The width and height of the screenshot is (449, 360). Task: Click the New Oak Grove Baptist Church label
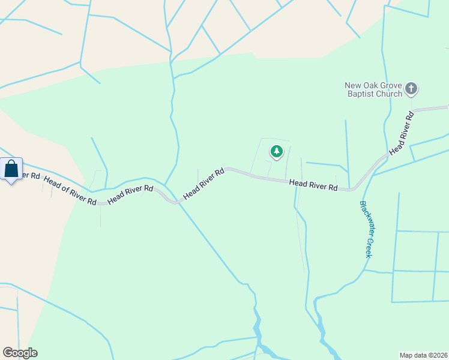point(374,89)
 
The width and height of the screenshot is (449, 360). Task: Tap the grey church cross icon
point(411,89)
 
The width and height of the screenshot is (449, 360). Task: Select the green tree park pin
point(276,152)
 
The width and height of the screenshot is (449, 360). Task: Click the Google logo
point(20,353)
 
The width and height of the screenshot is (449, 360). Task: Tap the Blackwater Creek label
point(366,229)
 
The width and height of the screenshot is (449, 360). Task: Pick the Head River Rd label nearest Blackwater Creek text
point(313,185)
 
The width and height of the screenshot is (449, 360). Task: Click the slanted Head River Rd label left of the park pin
point(203,184)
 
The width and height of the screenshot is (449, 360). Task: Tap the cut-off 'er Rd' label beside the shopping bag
point(31,176)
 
